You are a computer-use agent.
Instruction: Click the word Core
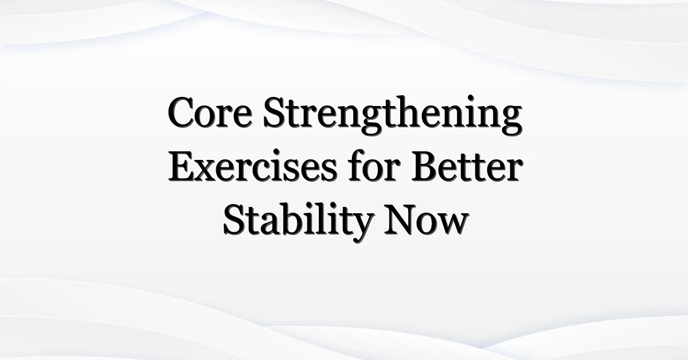tap(210, 112)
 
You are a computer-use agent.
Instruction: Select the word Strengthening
tap(393, 115)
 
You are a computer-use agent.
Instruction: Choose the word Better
tap(467, 165)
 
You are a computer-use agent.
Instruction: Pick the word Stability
tap(298, 222)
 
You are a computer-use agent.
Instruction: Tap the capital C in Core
tap(181, 112)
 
